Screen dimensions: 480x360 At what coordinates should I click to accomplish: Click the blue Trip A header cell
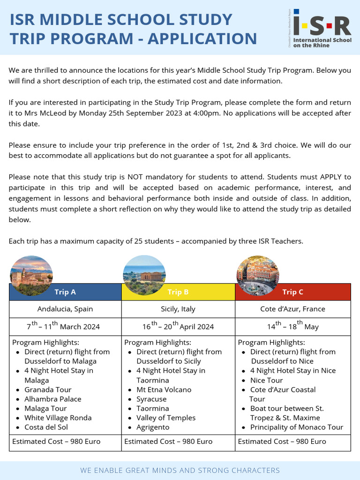pos(65,292)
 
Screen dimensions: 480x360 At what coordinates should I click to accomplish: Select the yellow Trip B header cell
pos(178,292)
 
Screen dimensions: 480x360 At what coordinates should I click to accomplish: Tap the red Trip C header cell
pos(292,292)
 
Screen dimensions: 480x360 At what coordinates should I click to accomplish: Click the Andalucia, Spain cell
pos(65,309)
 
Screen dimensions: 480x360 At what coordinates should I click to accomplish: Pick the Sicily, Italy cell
pos(178,309)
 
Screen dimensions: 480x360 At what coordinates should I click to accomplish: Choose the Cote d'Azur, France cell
pos(292,309)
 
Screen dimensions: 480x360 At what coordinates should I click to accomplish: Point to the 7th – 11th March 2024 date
pos(63,326)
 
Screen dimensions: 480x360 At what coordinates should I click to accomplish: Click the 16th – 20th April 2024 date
pos(178,326)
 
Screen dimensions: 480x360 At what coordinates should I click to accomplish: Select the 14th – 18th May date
pos(292,326)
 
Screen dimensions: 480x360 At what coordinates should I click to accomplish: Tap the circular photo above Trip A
pos(31,276)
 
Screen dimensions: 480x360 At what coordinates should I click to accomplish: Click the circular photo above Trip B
pos(144,276)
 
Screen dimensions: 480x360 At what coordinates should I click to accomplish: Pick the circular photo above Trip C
pos(257,276)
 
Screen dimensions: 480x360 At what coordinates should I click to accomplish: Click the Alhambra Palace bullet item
pos(53,399)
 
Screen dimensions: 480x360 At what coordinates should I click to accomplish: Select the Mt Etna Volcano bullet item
pos(164,390)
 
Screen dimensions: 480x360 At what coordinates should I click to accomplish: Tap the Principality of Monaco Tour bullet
pos(296,427)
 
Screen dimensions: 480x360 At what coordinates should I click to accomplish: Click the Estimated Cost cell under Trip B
pos(168,441)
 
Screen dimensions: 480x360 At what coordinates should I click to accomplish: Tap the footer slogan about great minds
pos(180,470)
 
